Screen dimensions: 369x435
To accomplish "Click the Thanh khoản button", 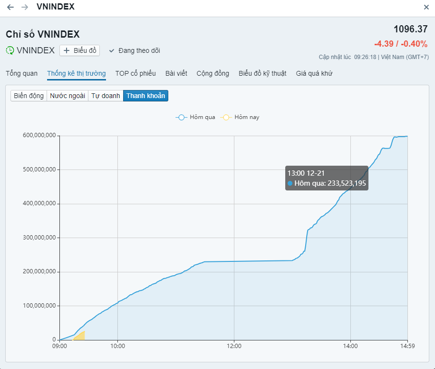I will (x=145, y=96).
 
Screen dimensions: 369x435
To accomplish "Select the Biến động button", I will (x=29, y=96).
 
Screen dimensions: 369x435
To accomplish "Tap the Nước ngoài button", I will (x=68, y=96).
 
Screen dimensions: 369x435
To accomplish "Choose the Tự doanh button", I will (x=106, y=96).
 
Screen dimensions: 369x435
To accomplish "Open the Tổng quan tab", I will (x=21, y=73).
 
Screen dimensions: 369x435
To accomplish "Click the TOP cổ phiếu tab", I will (x=135, y=73).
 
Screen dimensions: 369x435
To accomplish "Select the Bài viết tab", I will (x=176, y=73).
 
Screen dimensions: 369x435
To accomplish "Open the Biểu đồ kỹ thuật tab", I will (x=262, y=73).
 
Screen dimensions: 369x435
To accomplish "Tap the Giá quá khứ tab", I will (x=314, y=73).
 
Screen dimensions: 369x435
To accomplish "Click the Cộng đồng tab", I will (x=213, y=73).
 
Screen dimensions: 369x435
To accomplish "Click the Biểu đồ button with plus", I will (x=79, y=50).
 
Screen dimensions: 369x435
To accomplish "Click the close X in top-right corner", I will (x=426, y=7).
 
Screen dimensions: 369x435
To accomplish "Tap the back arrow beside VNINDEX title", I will (x=10, y=7).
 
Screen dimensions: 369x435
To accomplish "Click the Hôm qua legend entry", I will (x=195, y=117).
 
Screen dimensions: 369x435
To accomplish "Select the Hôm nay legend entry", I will (x=240, y=117).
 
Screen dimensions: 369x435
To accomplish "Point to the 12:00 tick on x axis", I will (x=234, y=346).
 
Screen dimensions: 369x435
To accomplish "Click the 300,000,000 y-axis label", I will (x=39, y=238).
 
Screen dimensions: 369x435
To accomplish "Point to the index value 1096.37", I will (x=410, y=29).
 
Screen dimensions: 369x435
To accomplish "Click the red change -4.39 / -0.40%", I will (x=400, y=44).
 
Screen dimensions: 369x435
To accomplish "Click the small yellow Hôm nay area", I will (x=80, y=336).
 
